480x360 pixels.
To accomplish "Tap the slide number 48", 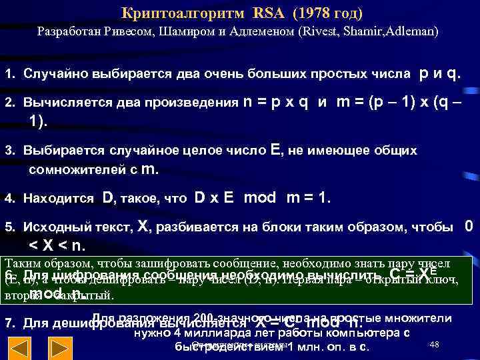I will coord(435,344).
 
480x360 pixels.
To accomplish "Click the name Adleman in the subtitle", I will coord(409,31).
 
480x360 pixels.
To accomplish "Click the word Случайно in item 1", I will coord(53,73).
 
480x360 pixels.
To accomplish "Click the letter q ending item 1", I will coord(451,73).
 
